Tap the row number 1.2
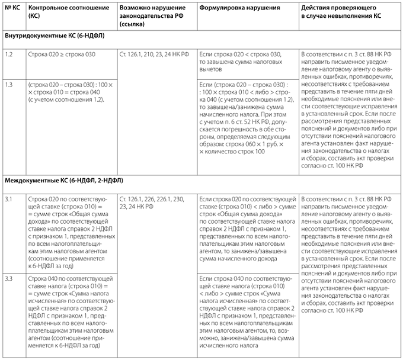coord(9,54)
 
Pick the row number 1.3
coord(9,85)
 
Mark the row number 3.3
coord(9,278)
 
